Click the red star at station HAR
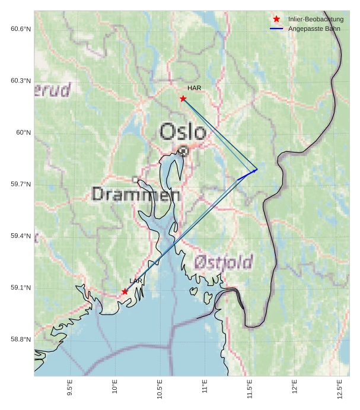183,98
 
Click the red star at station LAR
125,291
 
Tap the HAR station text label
195,88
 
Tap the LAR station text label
136,281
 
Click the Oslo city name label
183,131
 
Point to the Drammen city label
136,194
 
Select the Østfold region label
224,261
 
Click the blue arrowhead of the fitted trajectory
255,170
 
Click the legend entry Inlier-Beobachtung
316,20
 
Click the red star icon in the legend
276,20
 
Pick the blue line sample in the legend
276,28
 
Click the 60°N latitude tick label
23,133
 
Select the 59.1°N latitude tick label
21,288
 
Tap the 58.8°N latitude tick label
21,339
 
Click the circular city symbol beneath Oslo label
184,151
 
